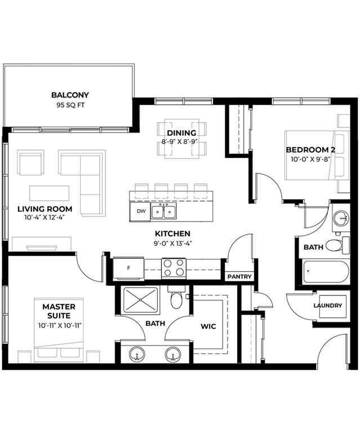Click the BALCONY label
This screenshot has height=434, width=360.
point(70,95)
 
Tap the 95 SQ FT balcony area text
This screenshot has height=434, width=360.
point(70,105)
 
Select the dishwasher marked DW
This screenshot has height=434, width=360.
point(141,211)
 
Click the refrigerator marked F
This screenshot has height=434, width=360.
point(128,268)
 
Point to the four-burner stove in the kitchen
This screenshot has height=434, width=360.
point(174,267)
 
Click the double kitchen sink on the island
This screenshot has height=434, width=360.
point(163,211)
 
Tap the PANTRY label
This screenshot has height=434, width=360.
point(239,277)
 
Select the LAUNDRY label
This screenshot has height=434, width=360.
point(328,305)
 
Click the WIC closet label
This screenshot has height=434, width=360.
point(208,326)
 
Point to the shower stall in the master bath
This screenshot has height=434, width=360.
point(141,300)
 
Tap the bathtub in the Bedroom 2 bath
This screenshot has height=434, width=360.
point(326,272)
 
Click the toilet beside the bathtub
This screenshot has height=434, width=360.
point(337,245)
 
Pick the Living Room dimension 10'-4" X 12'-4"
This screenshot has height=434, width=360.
point(45,218)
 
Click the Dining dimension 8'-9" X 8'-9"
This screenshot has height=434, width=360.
point(179,142)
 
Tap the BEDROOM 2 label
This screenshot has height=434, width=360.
point(310,150)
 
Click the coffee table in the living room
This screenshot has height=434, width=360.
point(49,193)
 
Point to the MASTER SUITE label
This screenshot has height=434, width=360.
point(59,311)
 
